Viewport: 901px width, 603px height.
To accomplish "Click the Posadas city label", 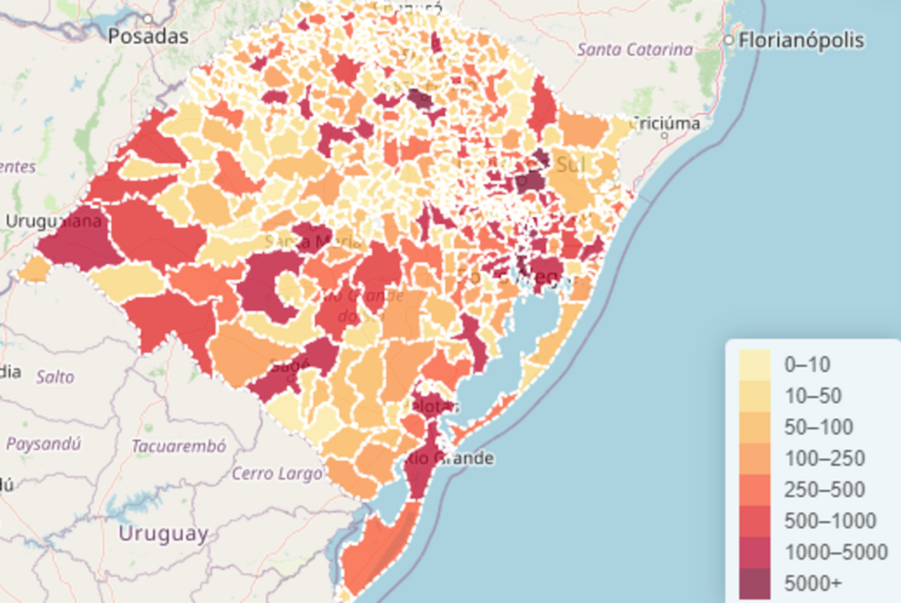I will (x=149, y=37).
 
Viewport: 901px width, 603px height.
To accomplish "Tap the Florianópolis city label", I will (x=801, y=40).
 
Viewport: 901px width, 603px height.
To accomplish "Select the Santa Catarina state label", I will (x=634, y=49).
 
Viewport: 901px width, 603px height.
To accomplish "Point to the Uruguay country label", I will (x=164, y=534).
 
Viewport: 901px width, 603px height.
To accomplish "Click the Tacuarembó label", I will (x=179, y=447).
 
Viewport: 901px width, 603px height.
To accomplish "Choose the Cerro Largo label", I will (x=277, y=474).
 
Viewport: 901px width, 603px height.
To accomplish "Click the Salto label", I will (x=55, y=377).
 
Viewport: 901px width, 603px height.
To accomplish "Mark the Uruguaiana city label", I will (x=54, y=221).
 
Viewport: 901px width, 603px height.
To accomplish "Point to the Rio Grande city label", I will (x=450, y=459).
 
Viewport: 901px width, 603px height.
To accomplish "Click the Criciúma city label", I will (x=667, y=124).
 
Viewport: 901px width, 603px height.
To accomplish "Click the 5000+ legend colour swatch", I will (x=754, y=584).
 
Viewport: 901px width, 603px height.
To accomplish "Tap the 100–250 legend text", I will (x=824, y=459).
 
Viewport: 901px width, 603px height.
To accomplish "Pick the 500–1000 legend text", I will (x=830, y=521).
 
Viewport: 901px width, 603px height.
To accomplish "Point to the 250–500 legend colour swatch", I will (x=754, y=490).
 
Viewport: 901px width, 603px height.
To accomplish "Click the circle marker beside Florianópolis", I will (x=728, y=40).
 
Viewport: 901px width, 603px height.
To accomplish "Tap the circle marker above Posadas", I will (x=148, y=18).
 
